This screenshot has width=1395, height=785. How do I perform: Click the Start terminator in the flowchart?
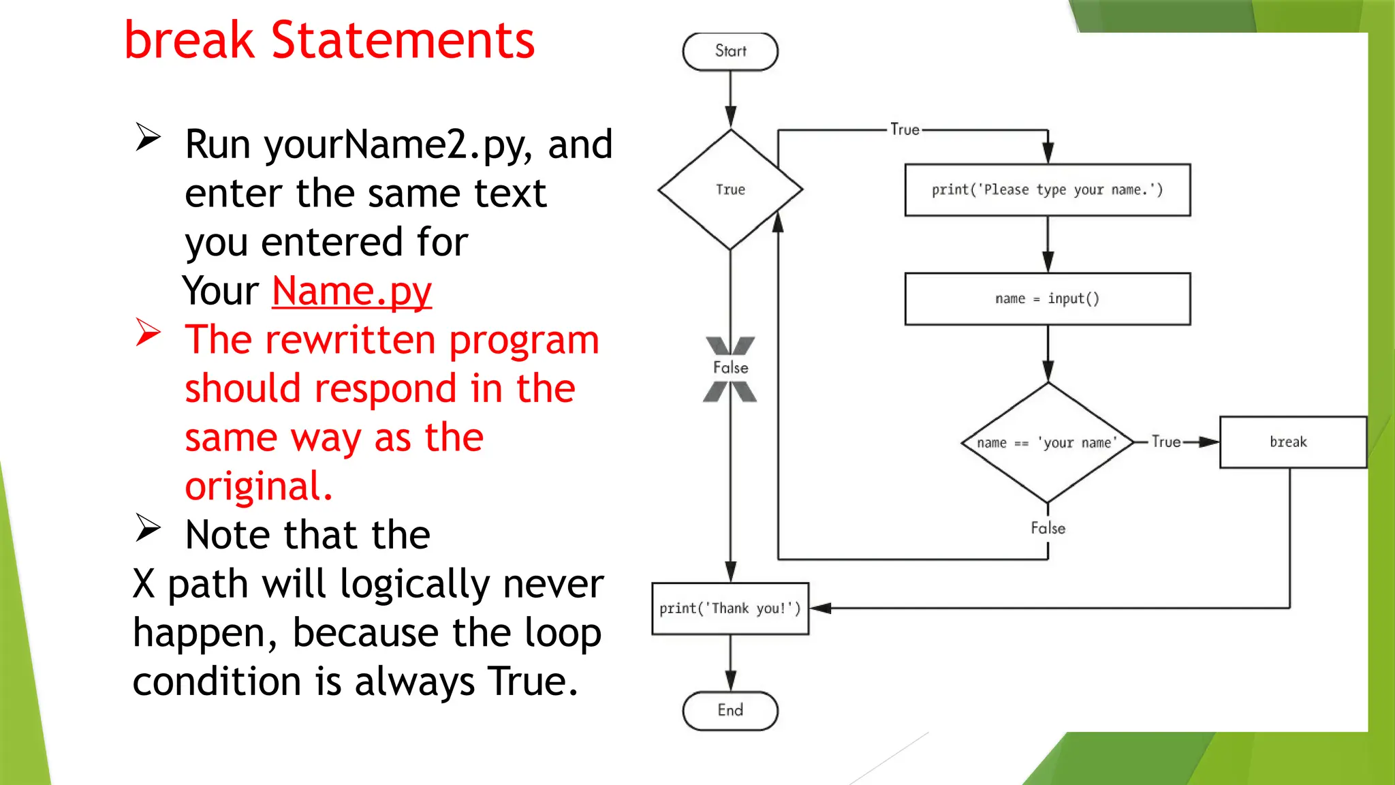(730, 52)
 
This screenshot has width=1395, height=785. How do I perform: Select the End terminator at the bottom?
(730, 711)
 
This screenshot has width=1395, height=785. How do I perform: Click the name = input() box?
(1047, 299)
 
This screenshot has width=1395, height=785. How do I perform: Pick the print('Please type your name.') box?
(1047, 190)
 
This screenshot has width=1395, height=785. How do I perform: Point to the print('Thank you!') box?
(730, 609)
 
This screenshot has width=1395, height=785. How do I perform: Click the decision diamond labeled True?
(730, 189)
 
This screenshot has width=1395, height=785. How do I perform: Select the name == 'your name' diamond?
(1048, 443)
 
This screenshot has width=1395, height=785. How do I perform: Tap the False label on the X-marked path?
(730, 368)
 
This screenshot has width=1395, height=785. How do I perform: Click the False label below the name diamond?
(1048, 528)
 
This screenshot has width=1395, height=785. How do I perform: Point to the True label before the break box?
(1165, 442)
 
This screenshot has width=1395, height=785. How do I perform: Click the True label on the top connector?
(905, 129)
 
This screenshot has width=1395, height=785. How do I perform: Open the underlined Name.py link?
(351, 291)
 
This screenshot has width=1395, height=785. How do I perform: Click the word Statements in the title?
(403, 41)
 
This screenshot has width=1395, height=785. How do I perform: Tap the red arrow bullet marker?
(148, 333)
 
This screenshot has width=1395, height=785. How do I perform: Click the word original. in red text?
(259, 487)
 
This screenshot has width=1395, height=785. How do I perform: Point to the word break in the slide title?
(189, 41)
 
